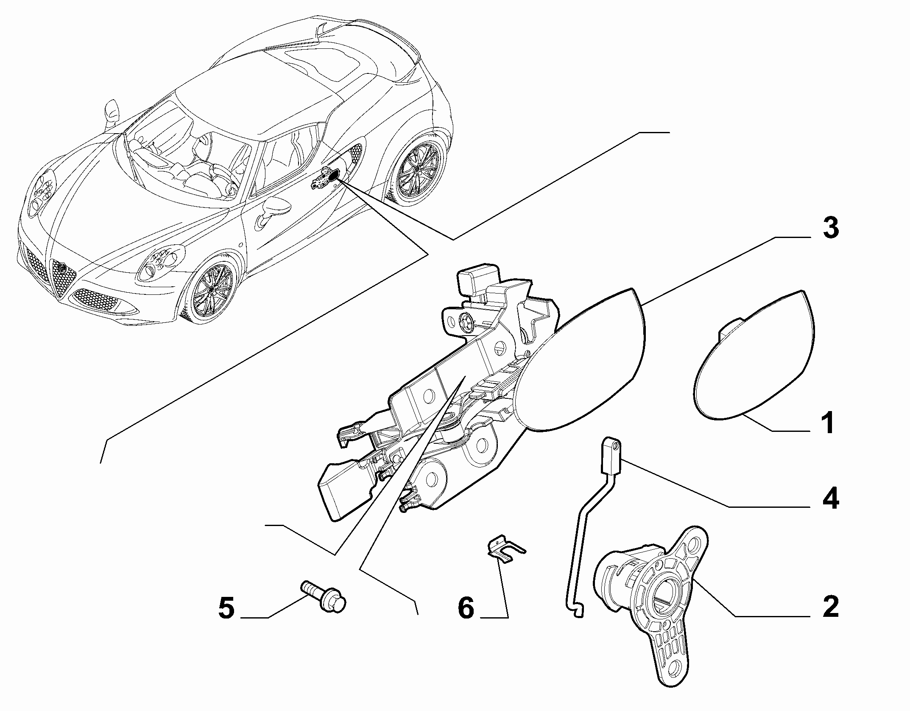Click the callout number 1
827,423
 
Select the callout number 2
829,607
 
